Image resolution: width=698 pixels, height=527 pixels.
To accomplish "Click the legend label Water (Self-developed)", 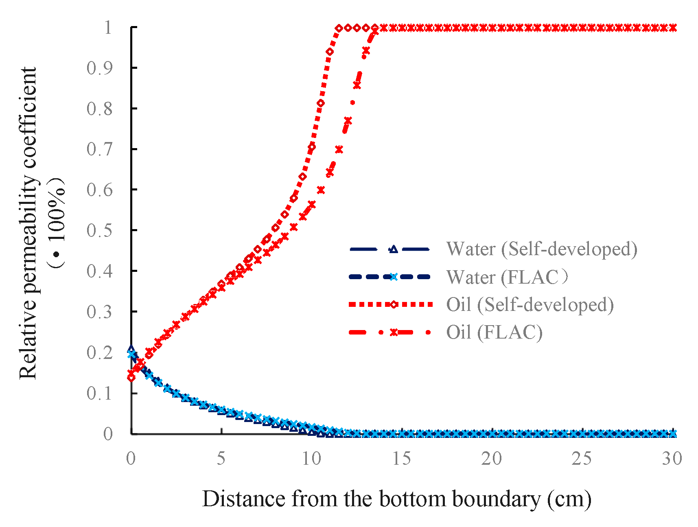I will coord(541,249).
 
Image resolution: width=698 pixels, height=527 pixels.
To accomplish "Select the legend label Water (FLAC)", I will coord(507,277).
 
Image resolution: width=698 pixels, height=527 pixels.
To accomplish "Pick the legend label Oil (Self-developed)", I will coord(530,304).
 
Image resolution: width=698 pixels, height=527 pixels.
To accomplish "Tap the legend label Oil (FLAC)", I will coord(494,332).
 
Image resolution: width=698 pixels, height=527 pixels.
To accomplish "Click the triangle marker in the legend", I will coord(393,249).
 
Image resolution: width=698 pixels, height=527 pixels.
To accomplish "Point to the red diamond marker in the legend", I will coord(393,304).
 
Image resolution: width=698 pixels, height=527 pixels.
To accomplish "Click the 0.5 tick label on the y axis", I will coord(99,230).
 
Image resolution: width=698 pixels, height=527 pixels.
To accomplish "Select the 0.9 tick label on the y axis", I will coord(99,68).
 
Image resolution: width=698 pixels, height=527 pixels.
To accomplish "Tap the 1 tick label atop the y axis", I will coord(107,28).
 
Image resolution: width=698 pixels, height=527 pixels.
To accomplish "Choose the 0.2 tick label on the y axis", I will coord(99,352).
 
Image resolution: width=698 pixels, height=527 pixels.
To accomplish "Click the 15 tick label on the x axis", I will coord(401,459).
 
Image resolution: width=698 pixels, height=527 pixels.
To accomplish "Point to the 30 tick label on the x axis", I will coord(672,459).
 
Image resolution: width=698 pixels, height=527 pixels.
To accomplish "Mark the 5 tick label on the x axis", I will coord(221,459).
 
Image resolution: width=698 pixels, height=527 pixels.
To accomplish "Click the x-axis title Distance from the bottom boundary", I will coord(396,499).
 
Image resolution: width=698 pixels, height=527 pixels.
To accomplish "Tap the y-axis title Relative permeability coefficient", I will coord(28,223).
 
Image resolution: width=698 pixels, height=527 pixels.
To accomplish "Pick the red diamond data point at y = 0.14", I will coord(131,378).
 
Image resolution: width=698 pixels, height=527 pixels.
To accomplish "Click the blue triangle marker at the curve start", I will coord(131,349).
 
